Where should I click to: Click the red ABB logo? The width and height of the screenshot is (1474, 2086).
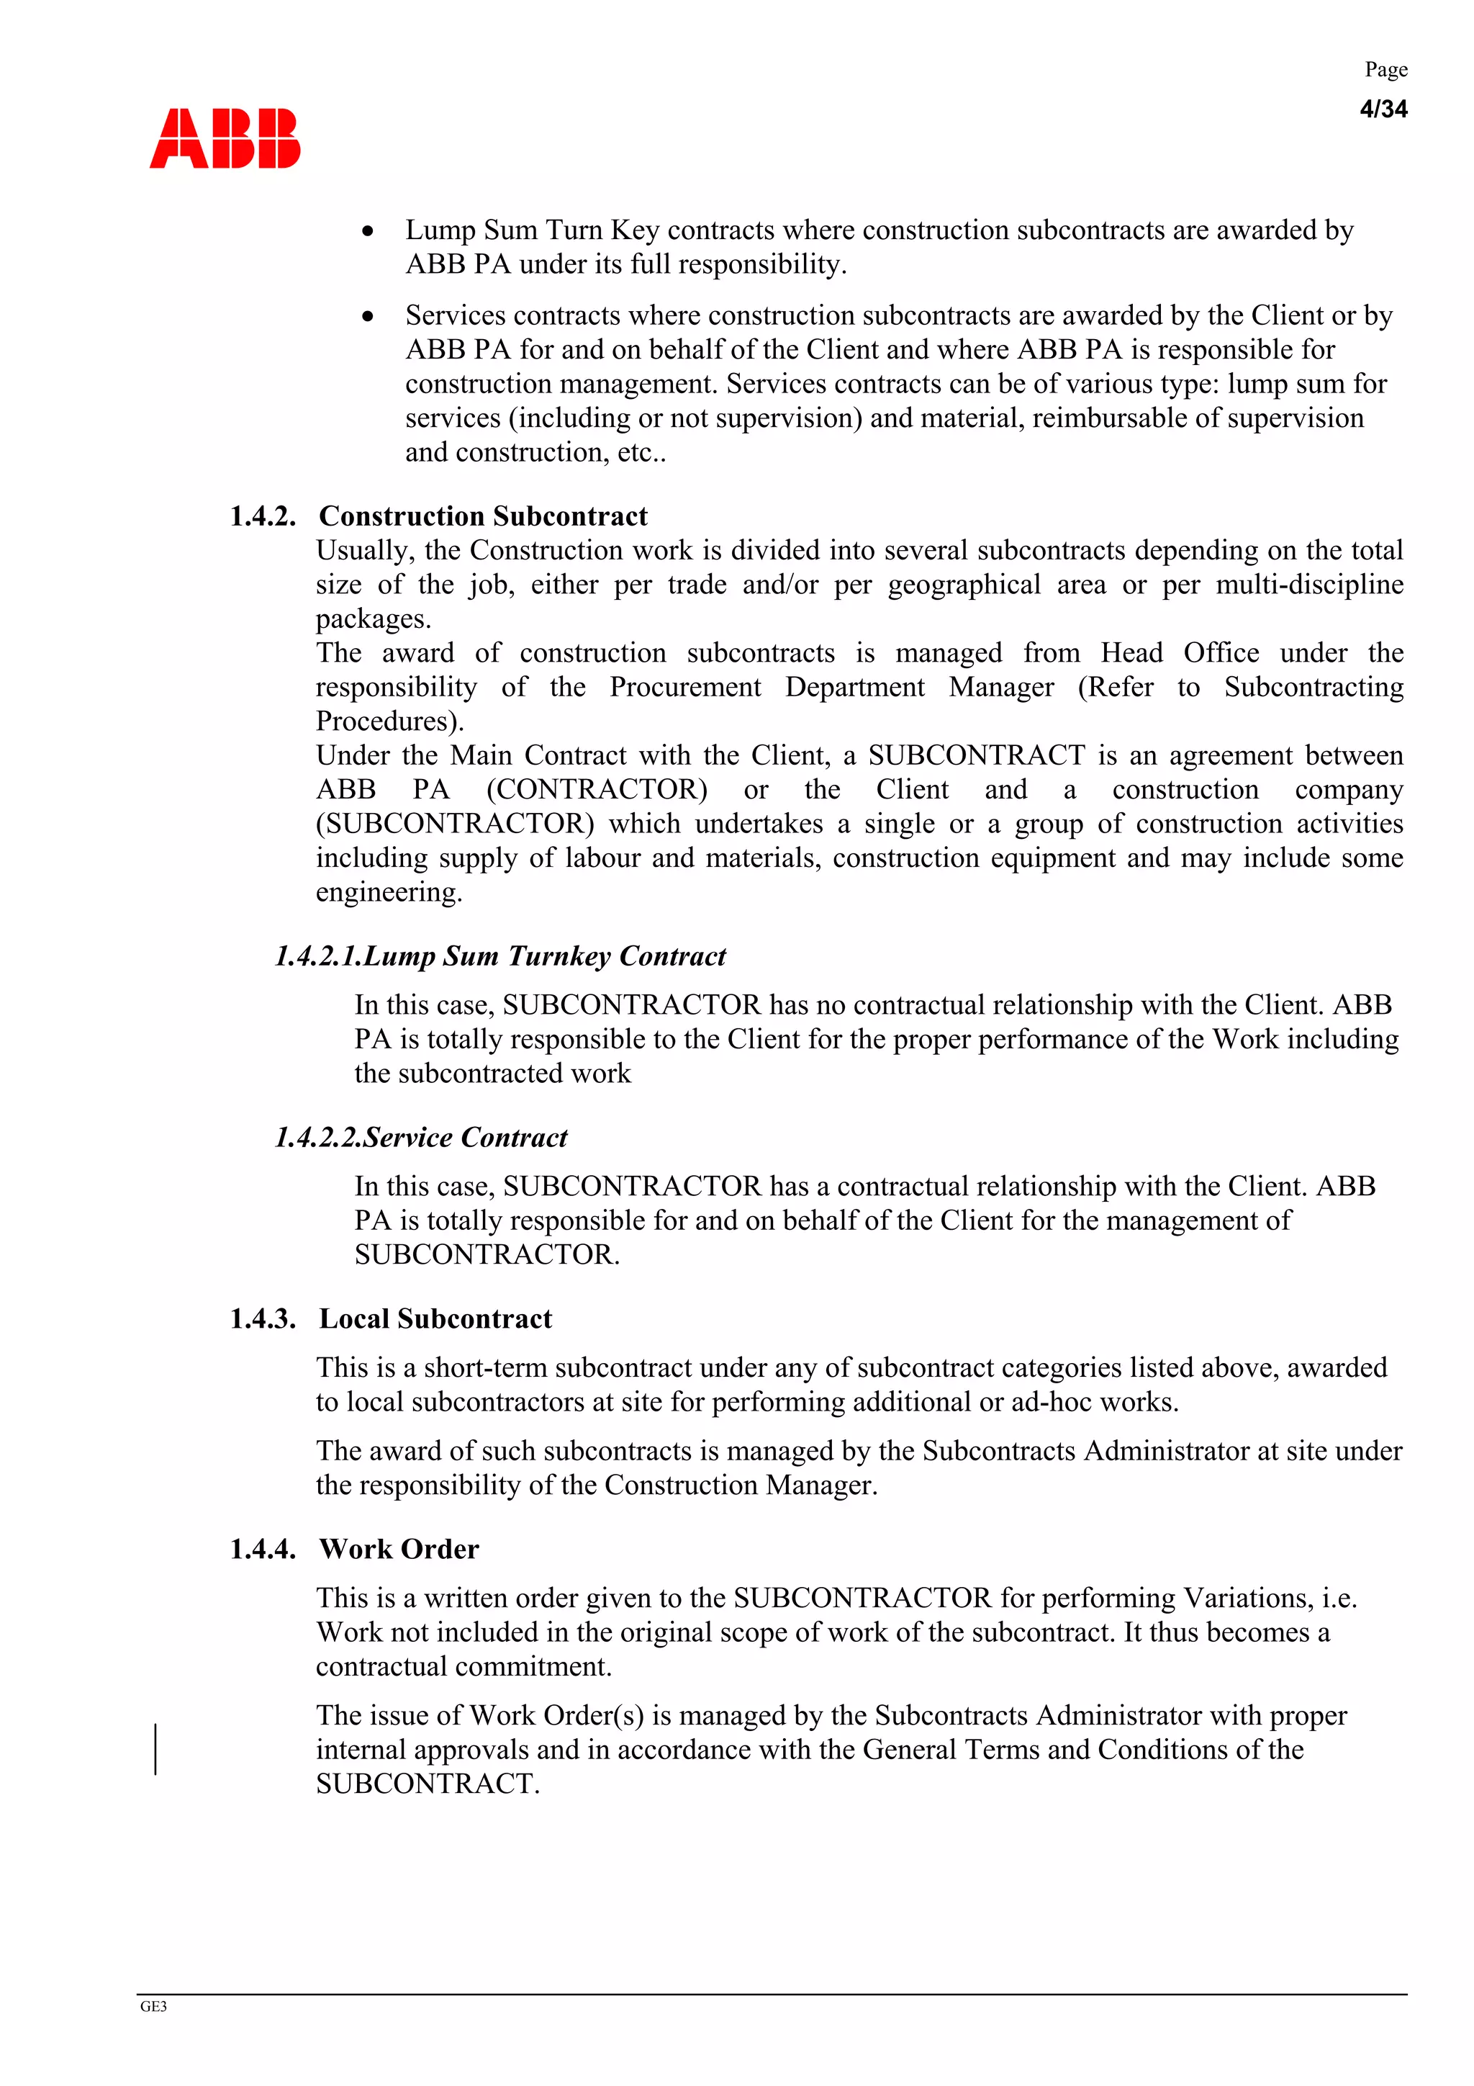[x=225, y=139]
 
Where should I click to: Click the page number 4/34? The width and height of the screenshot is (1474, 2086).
[x=1383, y=109]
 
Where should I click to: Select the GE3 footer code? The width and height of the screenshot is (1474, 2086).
[x=153, y=2007]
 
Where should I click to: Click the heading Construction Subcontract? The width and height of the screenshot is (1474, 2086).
[x=483, y=516]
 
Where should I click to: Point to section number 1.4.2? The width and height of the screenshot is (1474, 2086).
[x=263, y=516]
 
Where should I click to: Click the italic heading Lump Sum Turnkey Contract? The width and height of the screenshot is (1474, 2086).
[x=544, y=956]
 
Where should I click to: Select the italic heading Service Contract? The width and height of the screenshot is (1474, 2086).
[x=465, y=1138]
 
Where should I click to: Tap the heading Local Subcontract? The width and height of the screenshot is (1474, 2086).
[x=435, y=1318]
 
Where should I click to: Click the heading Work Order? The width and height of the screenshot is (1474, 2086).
[x=399, y=1549]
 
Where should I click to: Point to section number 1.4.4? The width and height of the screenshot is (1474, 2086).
[x=263, y=1549]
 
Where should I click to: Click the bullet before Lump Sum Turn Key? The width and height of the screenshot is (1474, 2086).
[x=368, y=232]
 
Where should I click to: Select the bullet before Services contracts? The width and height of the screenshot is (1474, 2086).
[x=368, y=317]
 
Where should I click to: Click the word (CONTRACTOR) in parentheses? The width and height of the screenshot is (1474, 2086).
[x=597, y=789]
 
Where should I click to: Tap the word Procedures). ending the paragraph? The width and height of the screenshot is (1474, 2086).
[x=389, y=721]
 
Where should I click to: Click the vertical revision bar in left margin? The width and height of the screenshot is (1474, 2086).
[x=155, y=1749]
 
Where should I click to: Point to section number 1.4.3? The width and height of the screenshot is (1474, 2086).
[x=263, y=1318]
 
